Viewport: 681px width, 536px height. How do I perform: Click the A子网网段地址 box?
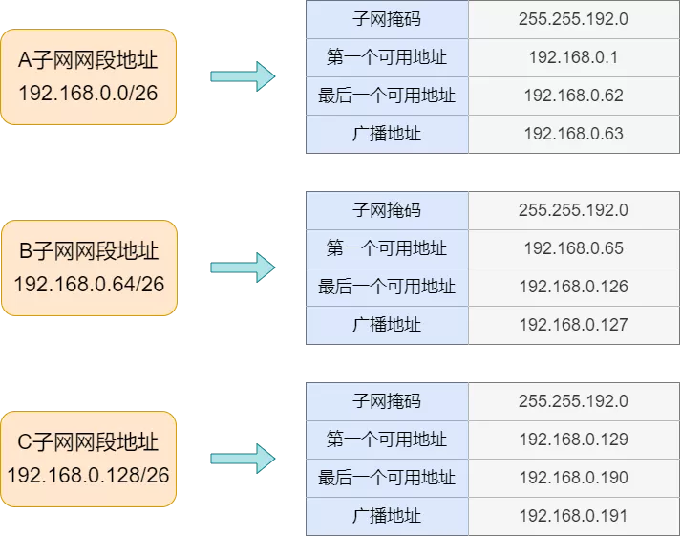[88, 77]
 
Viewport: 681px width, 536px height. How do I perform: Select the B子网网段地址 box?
[88, 268]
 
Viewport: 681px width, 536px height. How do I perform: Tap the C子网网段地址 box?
[88, 460]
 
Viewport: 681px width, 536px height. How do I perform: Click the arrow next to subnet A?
[242, 76]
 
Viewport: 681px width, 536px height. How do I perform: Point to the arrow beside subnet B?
[242, 268]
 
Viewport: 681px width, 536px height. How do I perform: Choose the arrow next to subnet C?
[242, 459]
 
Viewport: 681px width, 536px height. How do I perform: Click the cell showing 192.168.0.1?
[573, 57]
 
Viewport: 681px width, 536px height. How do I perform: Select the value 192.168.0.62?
[573, 96]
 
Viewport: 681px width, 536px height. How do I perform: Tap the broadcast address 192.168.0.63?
[573, 134]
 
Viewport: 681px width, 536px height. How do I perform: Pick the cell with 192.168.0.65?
[573, 248]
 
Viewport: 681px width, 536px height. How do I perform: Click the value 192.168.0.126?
[573, 287]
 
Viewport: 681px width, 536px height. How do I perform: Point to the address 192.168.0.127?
[573, 325]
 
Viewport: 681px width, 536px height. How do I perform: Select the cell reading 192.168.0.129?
[573, 440]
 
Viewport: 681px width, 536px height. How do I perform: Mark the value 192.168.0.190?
[573, 478]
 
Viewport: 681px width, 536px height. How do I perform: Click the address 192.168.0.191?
[573, 516]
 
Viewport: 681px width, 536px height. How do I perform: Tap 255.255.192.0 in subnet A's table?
[573, 19]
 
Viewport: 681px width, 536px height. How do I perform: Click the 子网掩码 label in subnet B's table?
[387, 210]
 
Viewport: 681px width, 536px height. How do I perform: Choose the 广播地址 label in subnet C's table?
[387, 516]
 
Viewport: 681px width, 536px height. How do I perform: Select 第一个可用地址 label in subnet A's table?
[387, 57]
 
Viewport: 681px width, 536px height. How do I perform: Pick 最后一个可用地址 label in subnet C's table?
[387, 478]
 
